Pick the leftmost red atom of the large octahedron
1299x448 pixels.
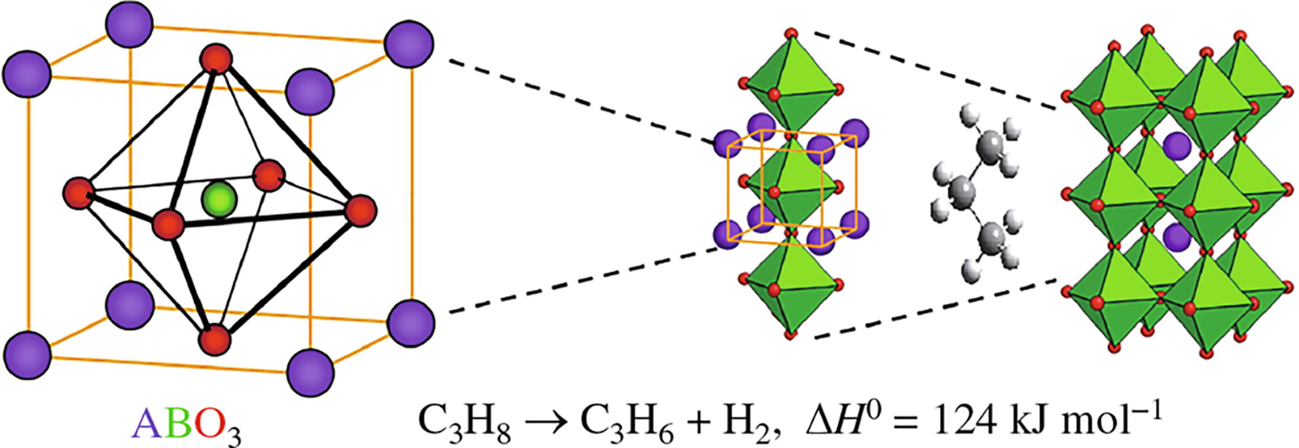coord(79,194)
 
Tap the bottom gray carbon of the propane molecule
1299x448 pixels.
coord(991,237)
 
